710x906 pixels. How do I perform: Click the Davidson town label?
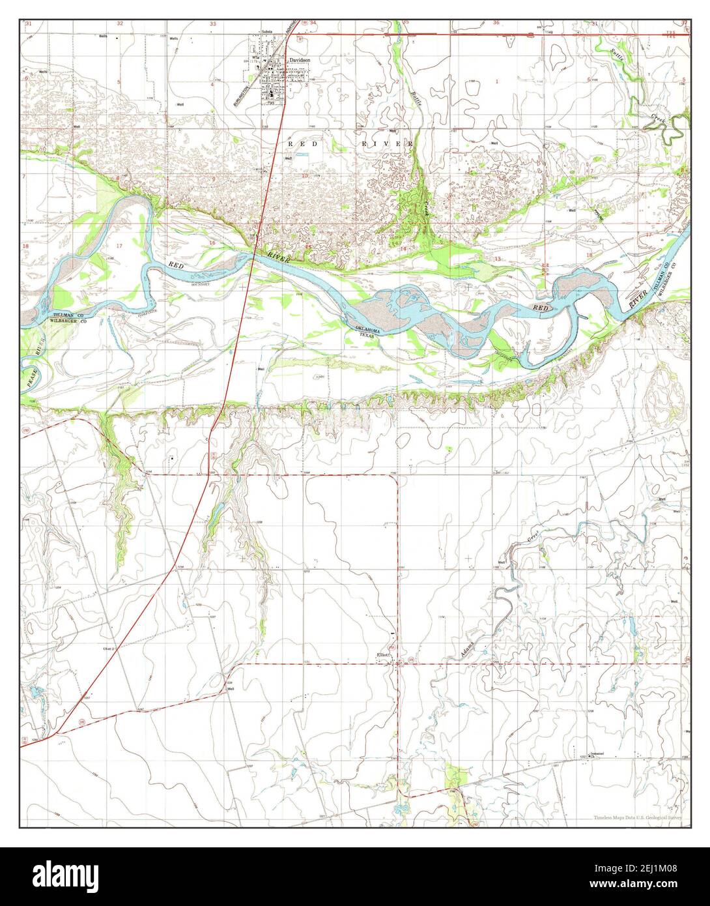300,59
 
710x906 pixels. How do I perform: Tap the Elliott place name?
382,655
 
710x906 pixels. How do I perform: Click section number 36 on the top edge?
496,23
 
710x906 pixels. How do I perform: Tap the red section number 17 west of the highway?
119,245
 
